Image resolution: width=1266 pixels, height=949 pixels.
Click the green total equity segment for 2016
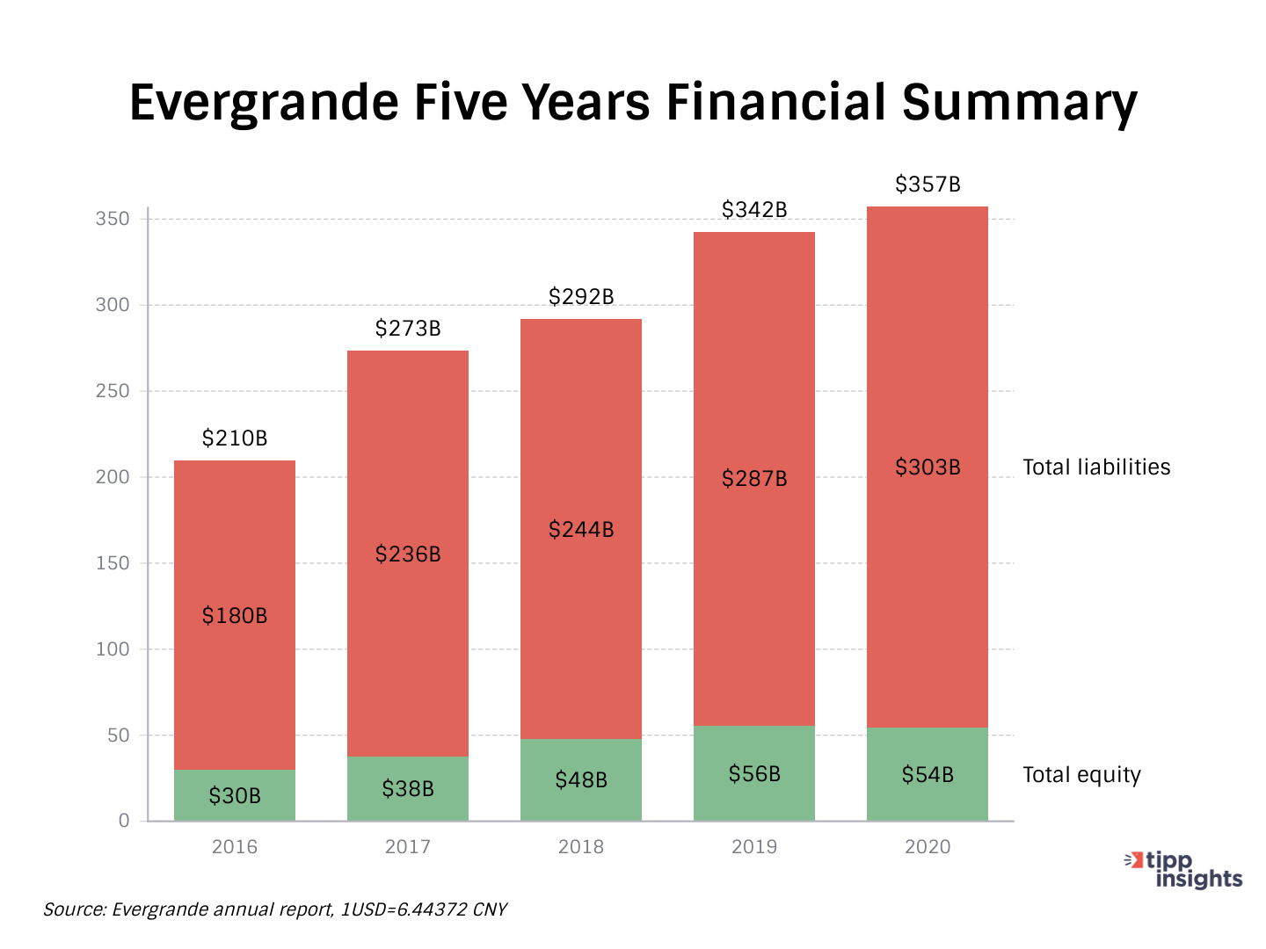click(x=235, y=795)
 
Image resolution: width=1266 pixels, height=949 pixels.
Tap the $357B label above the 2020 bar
click(x=928, y=185)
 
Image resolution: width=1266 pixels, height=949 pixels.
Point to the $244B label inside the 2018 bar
click(x=581, y=530)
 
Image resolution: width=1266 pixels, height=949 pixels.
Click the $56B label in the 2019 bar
click(x=754, y=774)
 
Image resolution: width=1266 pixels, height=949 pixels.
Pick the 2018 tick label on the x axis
click(x=581, y=847)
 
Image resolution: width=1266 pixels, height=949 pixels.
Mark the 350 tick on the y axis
click(x=113, y=219)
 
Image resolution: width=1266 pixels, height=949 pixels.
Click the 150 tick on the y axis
click(x=113, y=563)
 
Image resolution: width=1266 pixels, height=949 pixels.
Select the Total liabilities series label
click(x=1096, y=467)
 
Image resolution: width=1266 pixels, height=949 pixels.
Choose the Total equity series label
click(x=1081, y=775)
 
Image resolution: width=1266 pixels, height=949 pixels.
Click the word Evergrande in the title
click(x=264, y=103)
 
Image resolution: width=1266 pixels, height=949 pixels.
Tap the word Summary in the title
click(x=1020, y=103)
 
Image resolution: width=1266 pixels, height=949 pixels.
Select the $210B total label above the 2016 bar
click(x=235, y=438)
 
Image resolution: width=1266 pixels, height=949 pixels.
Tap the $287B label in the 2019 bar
click(x=754, y=479)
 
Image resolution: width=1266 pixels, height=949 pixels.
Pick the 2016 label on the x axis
click(x=235, y=847)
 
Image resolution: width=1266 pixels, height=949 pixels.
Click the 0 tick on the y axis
click(x=124, y=821)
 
